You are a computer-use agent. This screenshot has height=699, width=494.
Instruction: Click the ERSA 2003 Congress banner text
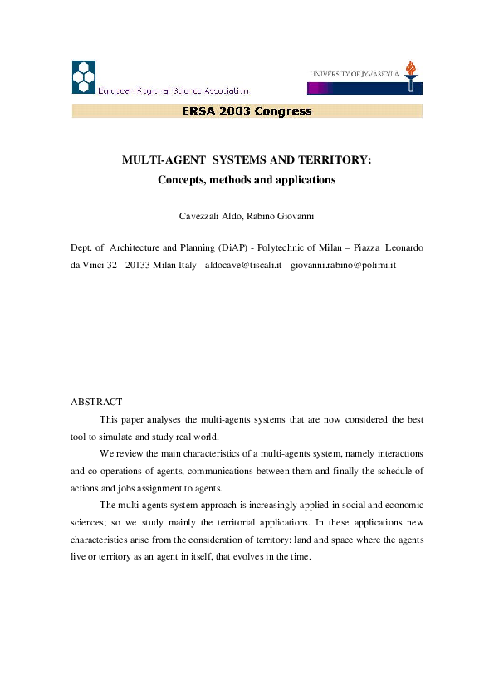click(247, 111)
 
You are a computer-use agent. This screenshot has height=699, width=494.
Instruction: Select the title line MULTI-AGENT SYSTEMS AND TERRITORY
click(247, 159)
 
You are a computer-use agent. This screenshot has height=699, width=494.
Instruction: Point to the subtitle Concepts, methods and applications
click(247, 179)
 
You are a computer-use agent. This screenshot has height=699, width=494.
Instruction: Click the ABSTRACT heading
click(95, 402)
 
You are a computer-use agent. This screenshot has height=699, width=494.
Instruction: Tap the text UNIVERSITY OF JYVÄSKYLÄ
click(355, 74)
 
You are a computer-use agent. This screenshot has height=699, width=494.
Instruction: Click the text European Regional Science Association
click(173, 90)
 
